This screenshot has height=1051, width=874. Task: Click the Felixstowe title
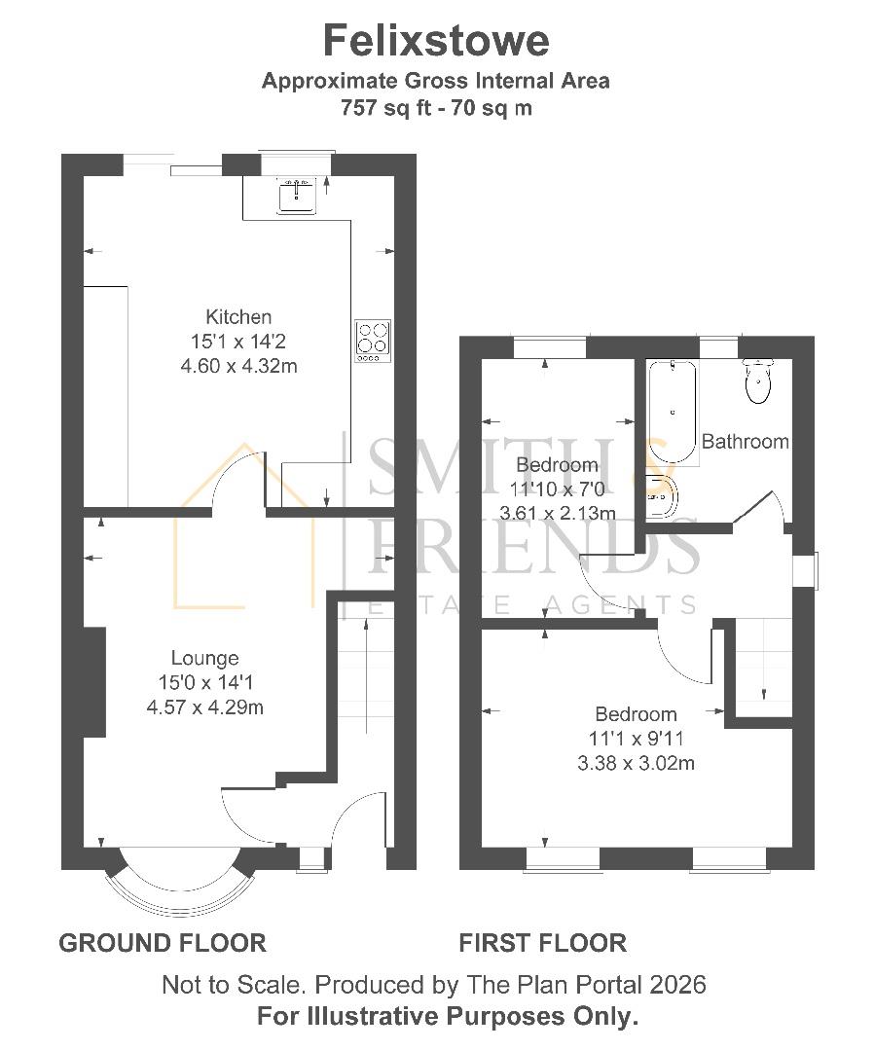click(x=436, y=41)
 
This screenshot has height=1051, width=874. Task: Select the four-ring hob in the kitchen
click(x=373, y=341)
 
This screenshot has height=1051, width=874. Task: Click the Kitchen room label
click(x=238, y=316)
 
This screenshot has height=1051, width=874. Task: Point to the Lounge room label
click(x=204, y=659)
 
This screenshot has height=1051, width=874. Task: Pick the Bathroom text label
click(x=745, y=442)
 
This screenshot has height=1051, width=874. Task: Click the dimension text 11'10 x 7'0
click(x=558, y=489)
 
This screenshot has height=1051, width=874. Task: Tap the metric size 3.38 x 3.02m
click(x=636, y=763)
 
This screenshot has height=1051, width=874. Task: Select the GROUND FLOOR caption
click(x=163, y=943)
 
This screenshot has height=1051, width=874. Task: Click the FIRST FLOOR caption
click(x=542, y=943)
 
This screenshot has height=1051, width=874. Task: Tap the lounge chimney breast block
click(x=94, y=681)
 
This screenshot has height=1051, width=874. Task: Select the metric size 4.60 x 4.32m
click(x=238, y=366)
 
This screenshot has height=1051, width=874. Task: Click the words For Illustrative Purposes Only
click(x=448, y=1017)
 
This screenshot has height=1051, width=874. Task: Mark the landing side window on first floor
click(x=805, y=570)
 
